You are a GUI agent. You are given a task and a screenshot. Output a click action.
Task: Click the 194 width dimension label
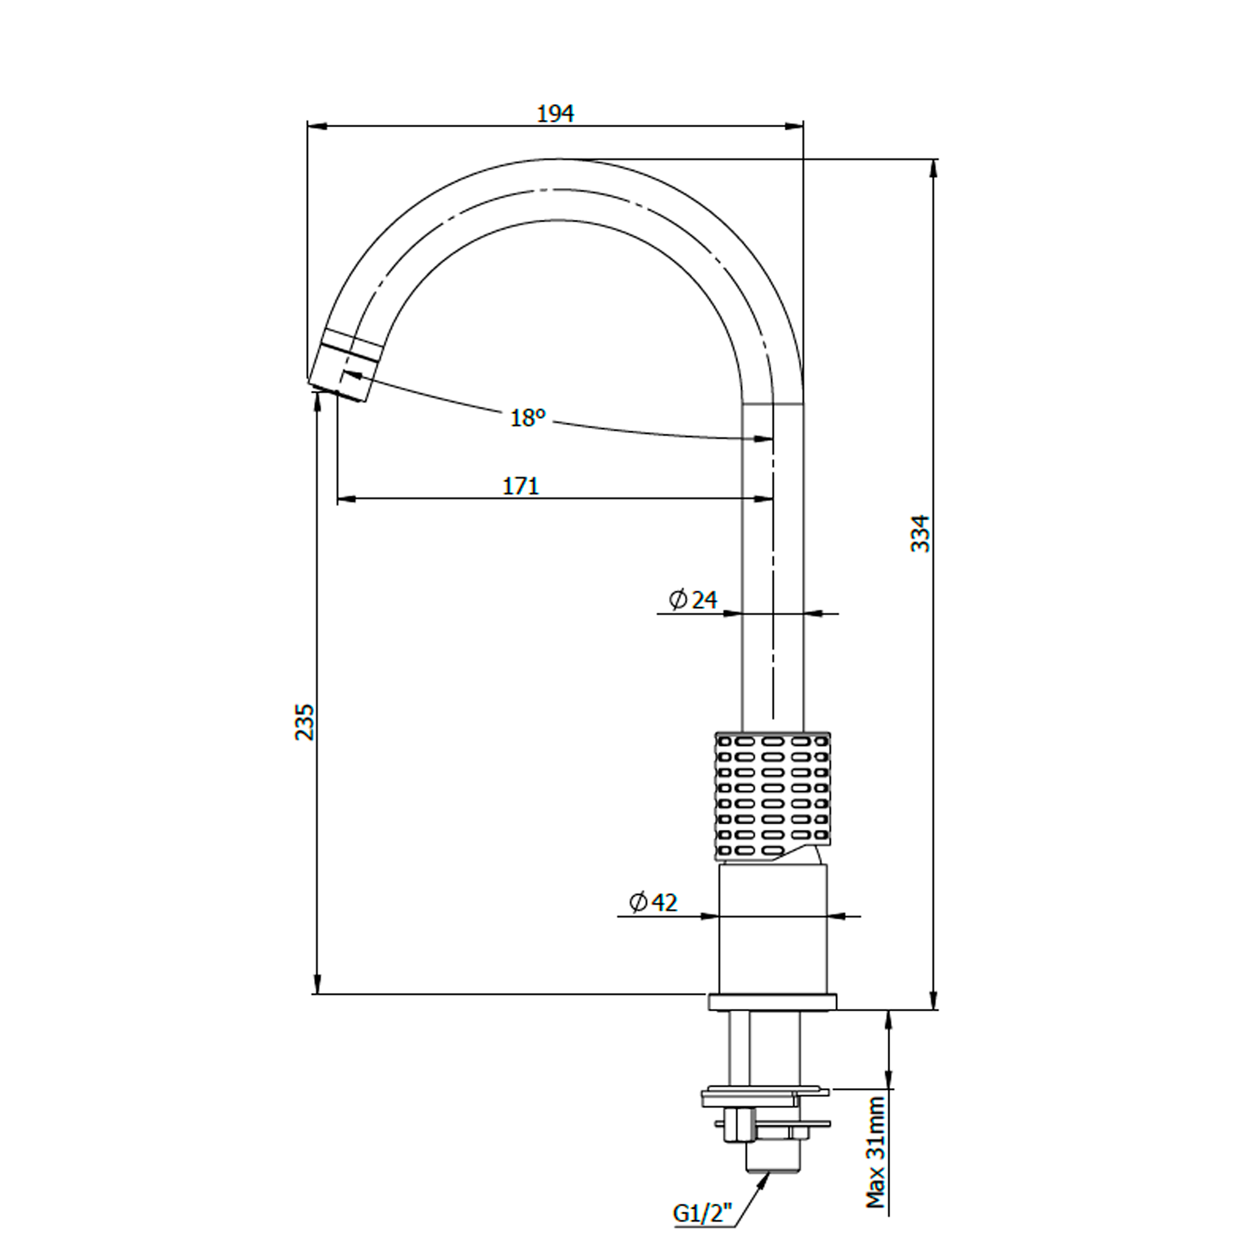[556, 114]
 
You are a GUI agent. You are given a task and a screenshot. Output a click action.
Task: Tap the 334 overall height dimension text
[921, 533]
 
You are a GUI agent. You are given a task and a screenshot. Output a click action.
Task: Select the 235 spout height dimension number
[305, 722]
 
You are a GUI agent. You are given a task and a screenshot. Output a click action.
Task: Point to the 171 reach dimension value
[521, 486]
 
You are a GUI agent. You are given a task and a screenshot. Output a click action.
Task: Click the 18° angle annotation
[528, 418]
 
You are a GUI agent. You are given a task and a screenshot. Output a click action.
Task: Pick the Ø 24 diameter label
[693, 600]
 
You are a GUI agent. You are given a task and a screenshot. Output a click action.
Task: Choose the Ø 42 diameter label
[654, 902]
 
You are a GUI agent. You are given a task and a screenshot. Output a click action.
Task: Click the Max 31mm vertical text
[875, 1152]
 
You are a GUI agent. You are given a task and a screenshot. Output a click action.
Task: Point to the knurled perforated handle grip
[773, 796]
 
